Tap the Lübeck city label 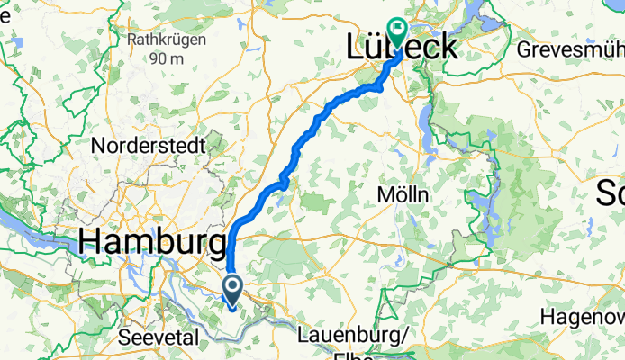[401, 48]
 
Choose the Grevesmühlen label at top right [570, 49]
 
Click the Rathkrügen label [167, 40]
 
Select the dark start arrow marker [231, 291]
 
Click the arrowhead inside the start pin [231, 287]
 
